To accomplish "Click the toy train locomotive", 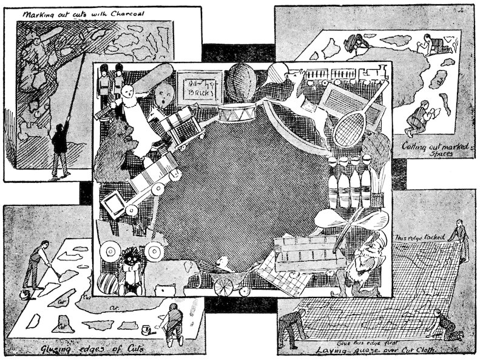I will tap(373, 73).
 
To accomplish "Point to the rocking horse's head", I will tap(296, 77).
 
